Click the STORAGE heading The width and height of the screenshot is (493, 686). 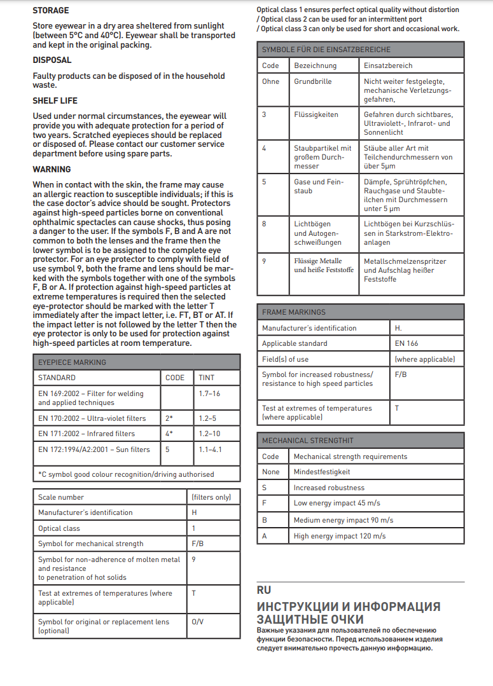tap(51, 11)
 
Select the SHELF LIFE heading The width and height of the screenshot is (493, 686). tap(55, 100)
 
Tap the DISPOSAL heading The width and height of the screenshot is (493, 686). tap(52, 60)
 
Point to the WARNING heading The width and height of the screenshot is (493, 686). tap(52, 169)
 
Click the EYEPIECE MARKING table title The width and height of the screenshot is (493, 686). tap(73, 362)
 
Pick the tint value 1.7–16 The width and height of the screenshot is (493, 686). tap(209, 394)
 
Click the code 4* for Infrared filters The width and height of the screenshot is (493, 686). tap(169, 434)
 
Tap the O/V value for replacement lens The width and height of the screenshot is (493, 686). tap(197, 622)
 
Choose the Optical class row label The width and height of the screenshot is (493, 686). tap(59, 528)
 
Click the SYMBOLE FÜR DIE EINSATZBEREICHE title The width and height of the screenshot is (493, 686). tap(326, 50)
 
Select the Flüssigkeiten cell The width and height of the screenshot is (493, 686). tap(316, 115)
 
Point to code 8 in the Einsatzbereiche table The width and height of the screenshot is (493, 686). tap(265, 224)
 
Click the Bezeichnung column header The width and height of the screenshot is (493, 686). tap(315, 65)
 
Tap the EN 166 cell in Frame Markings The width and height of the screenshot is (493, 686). tap(406, 343)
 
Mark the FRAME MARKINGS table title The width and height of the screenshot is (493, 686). tap(294, 312)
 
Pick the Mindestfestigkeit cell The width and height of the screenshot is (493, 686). tap(322, 472)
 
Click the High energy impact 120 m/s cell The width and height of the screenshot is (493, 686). tap(340, 536)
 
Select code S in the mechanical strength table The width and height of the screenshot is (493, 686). tap(264, 488)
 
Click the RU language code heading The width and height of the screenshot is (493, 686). tap(264, 590)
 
